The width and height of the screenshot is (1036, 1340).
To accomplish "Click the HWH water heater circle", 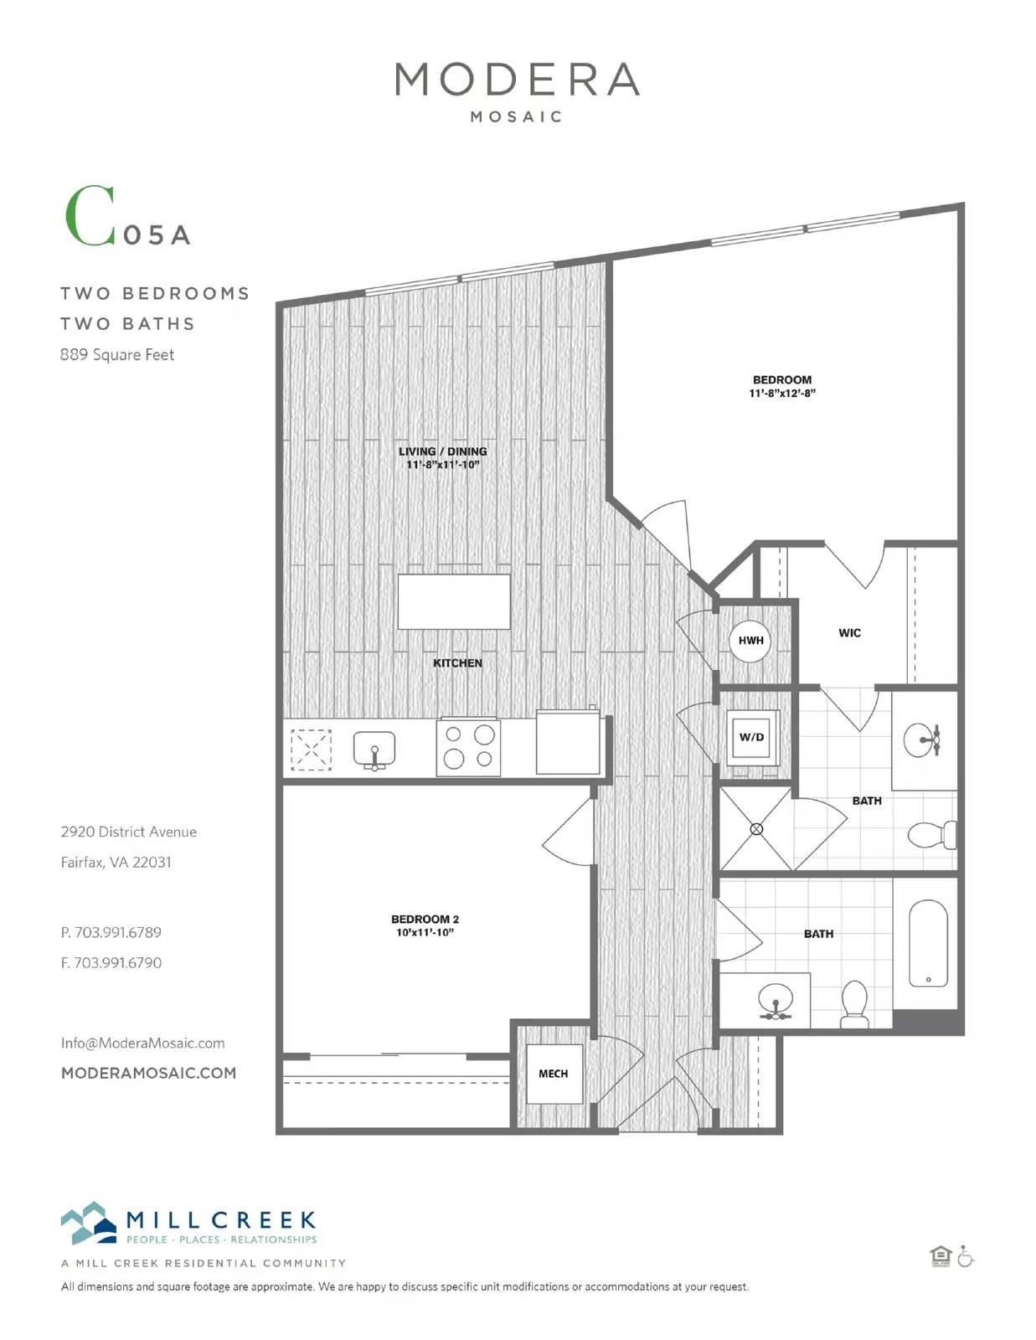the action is pyautogui.click(x=750, y=641).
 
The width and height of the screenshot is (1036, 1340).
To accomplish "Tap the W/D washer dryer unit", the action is pyautogui.click(x=752, y=738).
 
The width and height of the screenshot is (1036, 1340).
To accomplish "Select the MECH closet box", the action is pyautogui.click(x=554, y=1074).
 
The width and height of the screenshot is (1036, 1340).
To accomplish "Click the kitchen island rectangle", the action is pyautogui.click(x=454, y=601).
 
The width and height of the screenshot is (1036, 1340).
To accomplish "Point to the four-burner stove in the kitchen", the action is pyautogui.click(x=468, y=747).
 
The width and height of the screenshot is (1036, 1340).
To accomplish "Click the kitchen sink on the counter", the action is pyautogui.click(x=374, y=749).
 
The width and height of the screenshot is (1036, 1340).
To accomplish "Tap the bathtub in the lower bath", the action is pyautogui.click(x=928, y=944).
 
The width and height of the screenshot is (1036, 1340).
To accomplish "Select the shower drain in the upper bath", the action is pyautogui.click(x=756, y=829).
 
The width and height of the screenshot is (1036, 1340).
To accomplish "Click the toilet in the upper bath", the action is pyautogui.click(x=932, y=835).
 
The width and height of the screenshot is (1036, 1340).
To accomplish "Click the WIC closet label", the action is pyautogui.click(x=849, y=632).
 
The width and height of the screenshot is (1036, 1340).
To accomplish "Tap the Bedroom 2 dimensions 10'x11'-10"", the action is pyautogui.click(x=425, y=932).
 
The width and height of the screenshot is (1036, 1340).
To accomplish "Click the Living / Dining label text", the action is pyautogui.click(x=443, y=451).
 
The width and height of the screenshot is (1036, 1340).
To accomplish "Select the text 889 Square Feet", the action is pyautogui.click(x=117, y=354).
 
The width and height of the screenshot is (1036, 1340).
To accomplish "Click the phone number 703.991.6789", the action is pyautogui.click(x=118, y=932).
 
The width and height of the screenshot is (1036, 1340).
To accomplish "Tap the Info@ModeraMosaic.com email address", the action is pyautogui.click(x=142, y=1043).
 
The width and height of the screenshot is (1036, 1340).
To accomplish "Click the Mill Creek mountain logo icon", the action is pyautogui.click(x=88, y=1223).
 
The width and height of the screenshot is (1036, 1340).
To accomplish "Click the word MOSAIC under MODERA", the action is pyautogui.click(x=516, y=116).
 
